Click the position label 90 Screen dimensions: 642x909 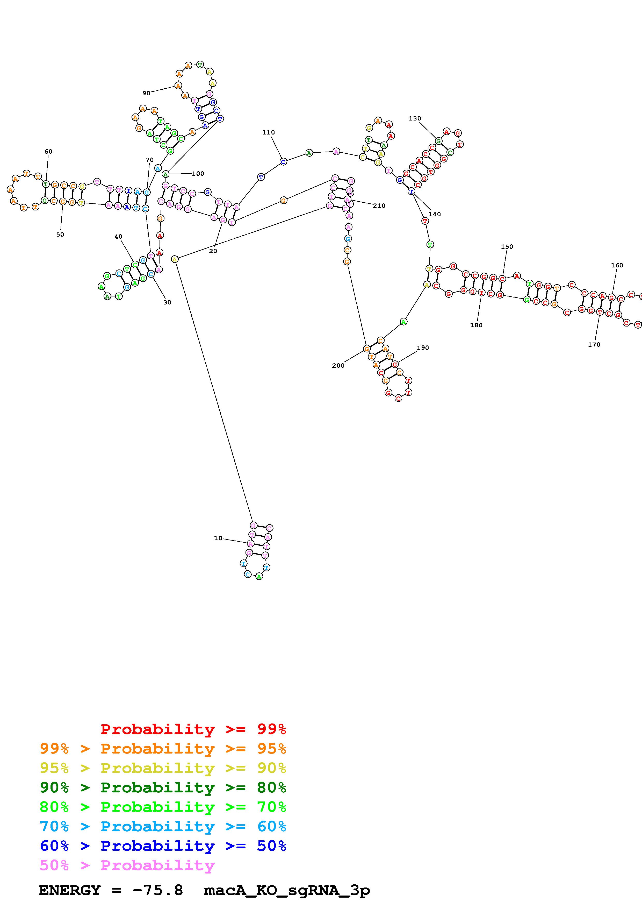(146, 94)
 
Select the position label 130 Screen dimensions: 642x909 (415, 118)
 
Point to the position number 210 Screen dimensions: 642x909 (379, 205)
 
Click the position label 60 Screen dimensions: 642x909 (48, 152)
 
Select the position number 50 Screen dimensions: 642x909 (60, 235)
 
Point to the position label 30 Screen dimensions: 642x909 (167, 302)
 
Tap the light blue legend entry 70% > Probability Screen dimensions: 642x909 (163, 827)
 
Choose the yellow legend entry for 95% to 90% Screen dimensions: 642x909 (163, 768)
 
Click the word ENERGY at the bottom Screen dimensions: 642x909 (70, 890)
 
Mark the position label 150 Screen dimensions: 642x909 (507, 247)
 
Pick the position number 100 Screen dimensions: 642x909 (198, 173)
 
